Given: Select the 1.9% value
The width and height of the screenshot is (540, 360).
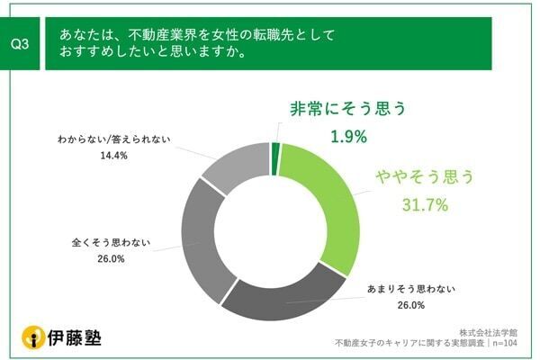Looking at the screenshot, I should tap(347, 137).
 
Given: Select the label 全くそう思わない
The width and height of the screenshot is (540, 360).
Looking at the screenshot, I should tap(111, 242).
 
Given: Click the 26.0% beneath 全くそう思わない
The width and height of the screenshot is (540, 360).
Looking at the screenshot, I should tap(111, 258).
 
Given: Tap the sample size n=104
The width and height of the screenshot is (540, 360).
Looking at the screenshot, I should tap(510, 343).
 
